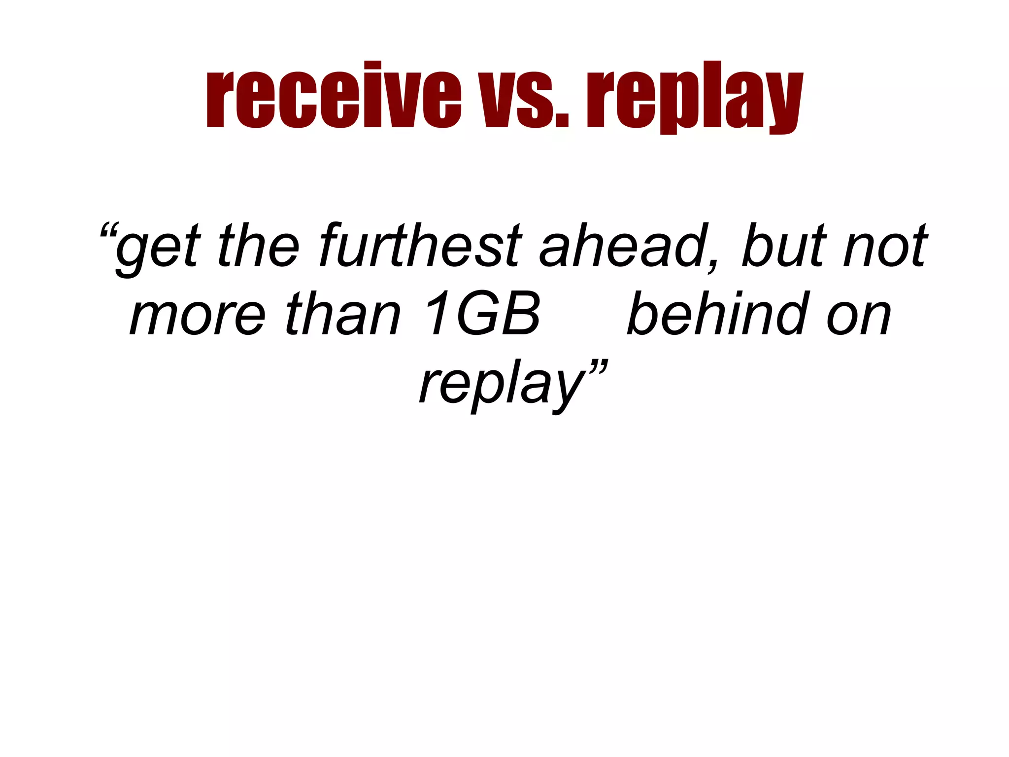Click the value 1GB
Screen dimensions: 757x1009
click(x=482, y=314)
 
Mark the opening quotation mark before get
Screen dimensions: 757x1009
click(x=109, y=231)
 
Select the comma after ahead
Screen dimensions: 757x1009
click(x=712, y=264)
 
